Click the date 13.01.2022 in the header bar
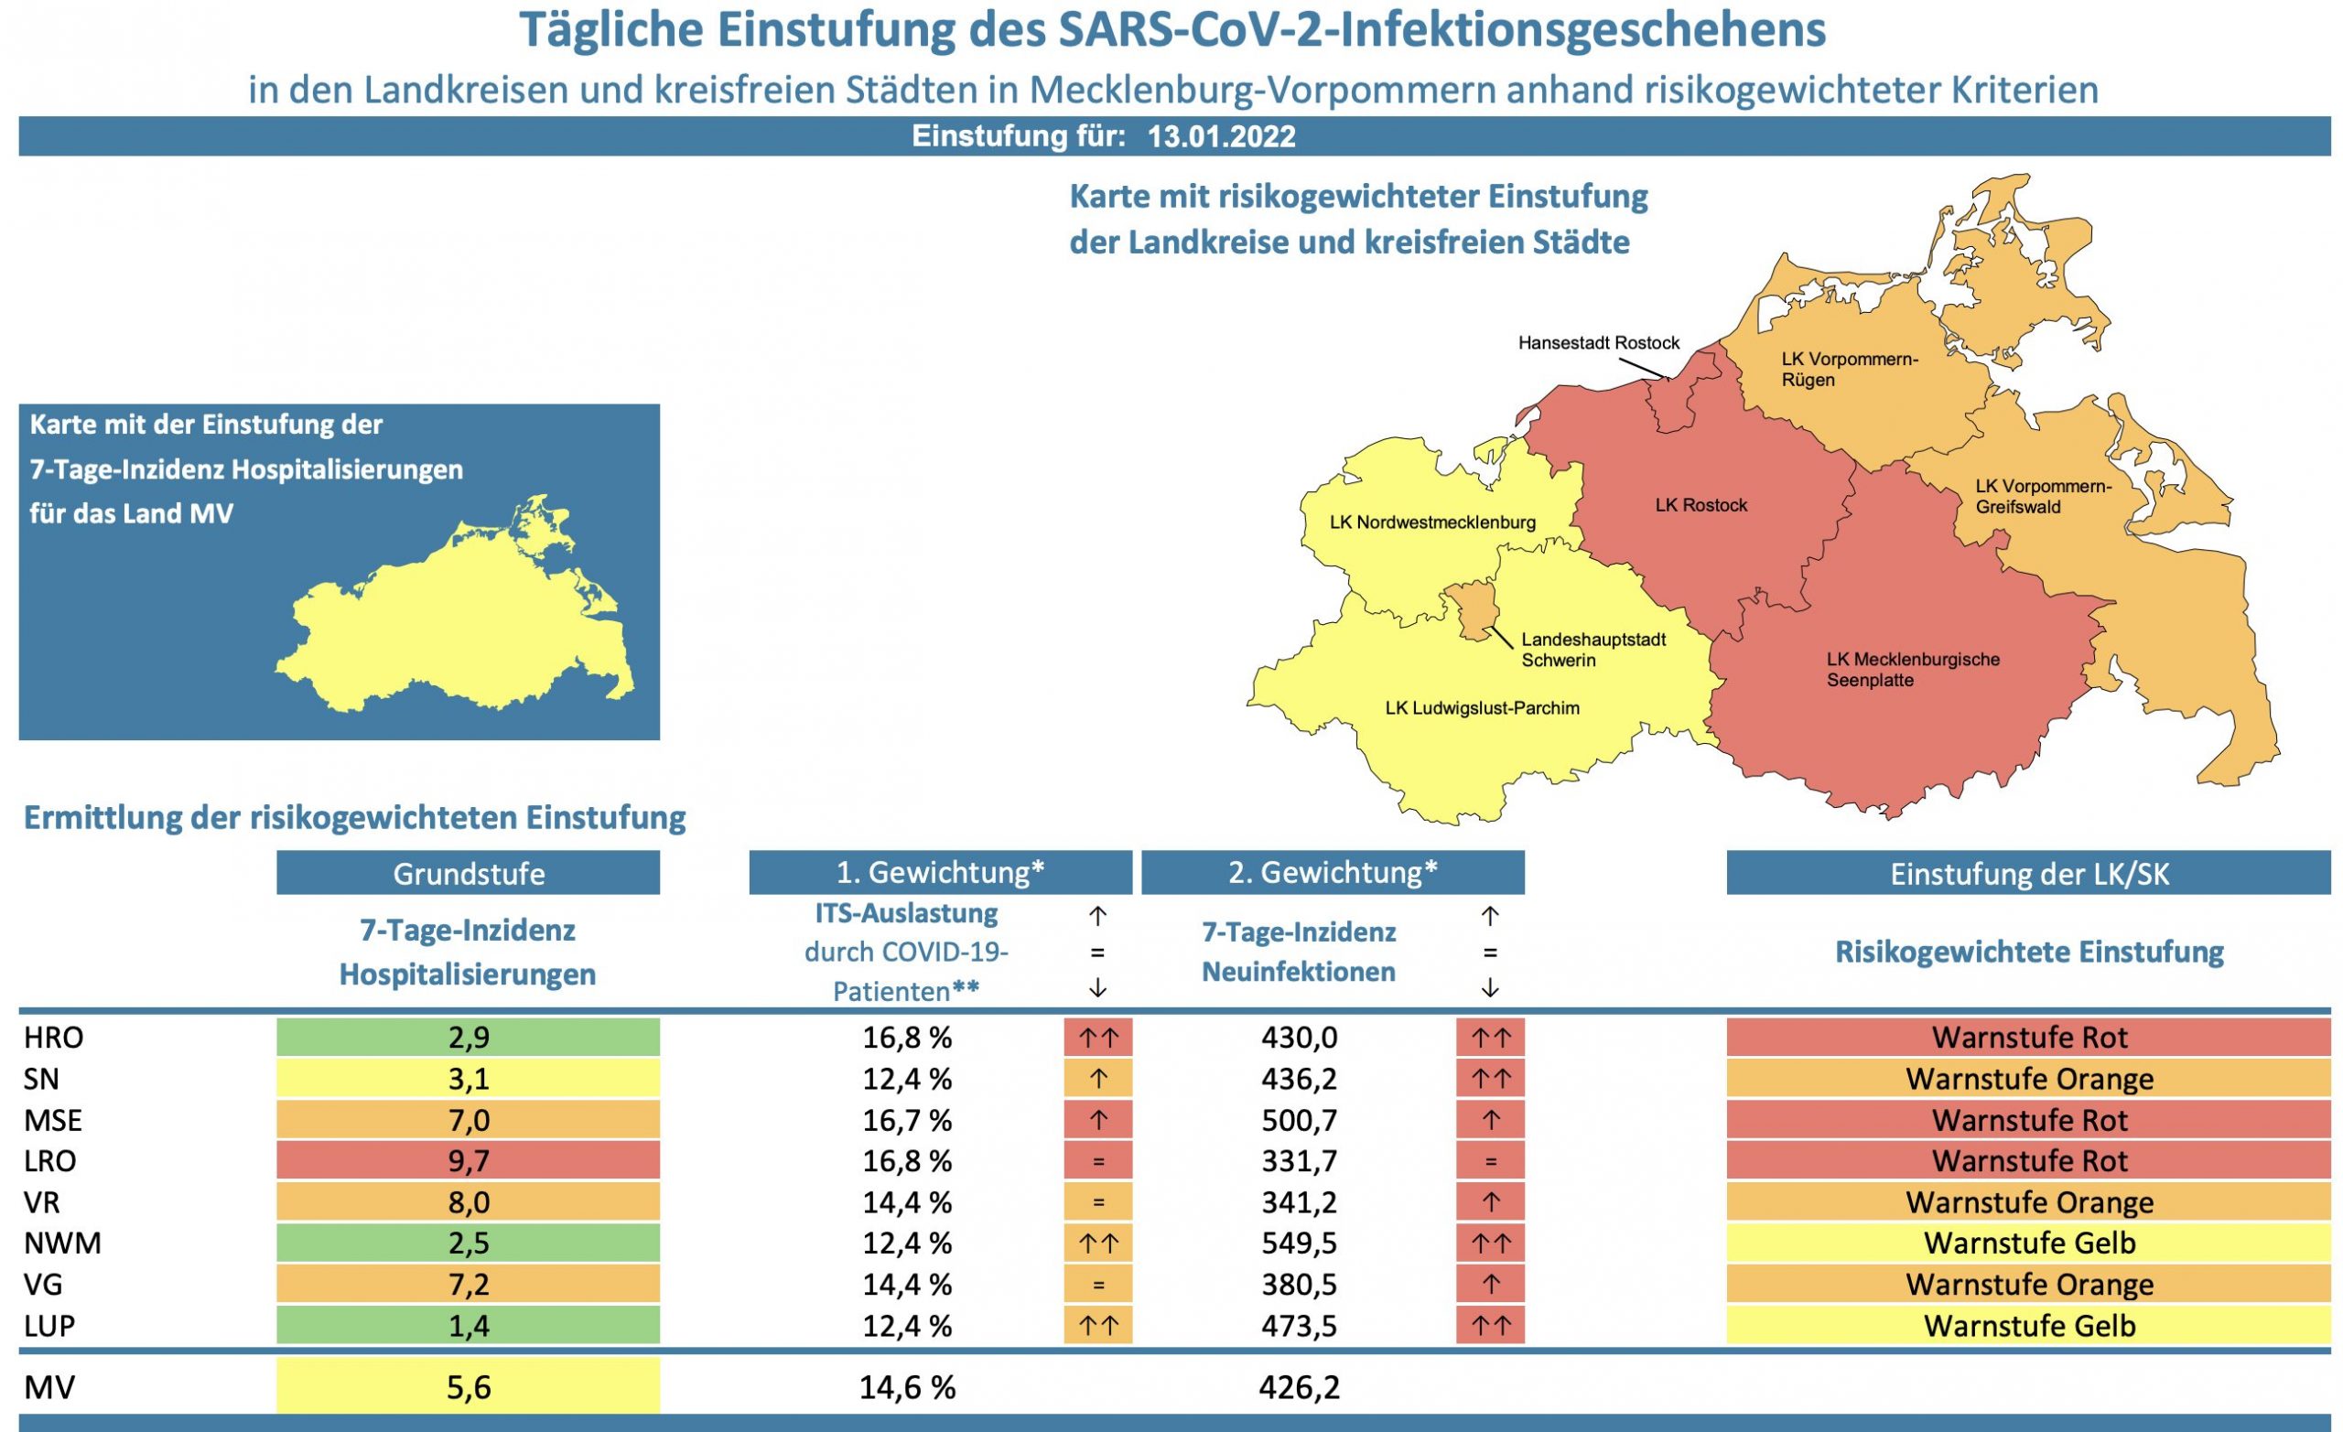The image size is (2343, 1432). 1221,137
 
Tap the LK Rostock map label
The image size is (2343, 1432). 1701,505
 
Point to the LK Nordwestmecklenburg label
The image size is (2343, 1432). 1432,522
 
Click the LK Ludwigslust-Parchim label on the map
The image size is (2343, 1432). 1482,707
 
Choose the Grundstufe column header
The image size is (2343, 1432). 468,873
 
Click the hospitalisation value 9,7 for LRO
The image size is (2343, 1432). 468,1160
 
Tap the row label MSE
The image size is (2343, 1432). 53,1120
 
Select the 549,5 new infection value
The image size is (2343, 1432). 1299,1243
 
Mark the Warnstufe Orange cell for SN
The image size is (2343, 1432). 2028,1078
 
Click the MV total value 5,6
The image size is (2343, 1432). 468,1386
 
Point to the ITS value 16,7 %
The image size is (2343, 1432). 906,1120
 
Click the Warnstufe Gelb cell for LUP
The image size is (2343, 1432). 2028,1325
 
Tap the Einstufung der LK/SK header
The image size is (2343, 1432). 2028,873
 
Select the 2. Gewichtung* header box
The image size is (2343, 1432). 1333,872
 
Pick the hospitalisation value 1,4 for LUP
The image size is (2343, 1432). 468,1325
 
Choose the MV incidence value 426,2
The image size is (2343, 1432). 1299,1386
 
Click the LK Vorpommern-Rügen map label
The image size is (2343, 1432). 1849,369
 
